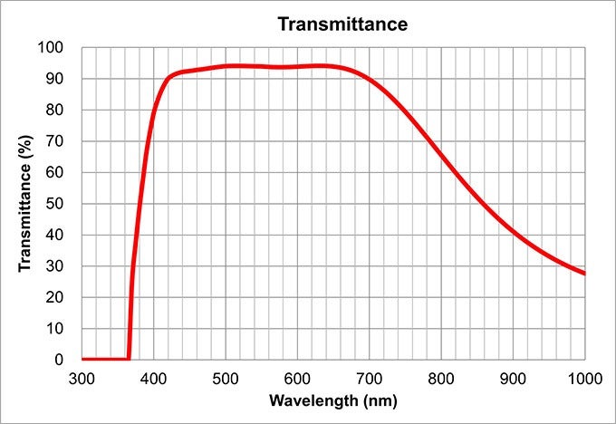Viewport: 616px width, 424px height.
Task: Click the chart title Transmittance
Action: (342, 24)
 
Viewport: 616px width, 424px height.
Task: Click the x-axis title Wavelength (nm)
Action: (332, 400)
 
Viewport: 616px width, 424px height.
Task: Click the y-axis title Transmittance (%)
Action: (25, 203)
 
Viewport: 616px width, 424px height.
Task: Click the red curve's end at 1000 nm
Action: (584, 273)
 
